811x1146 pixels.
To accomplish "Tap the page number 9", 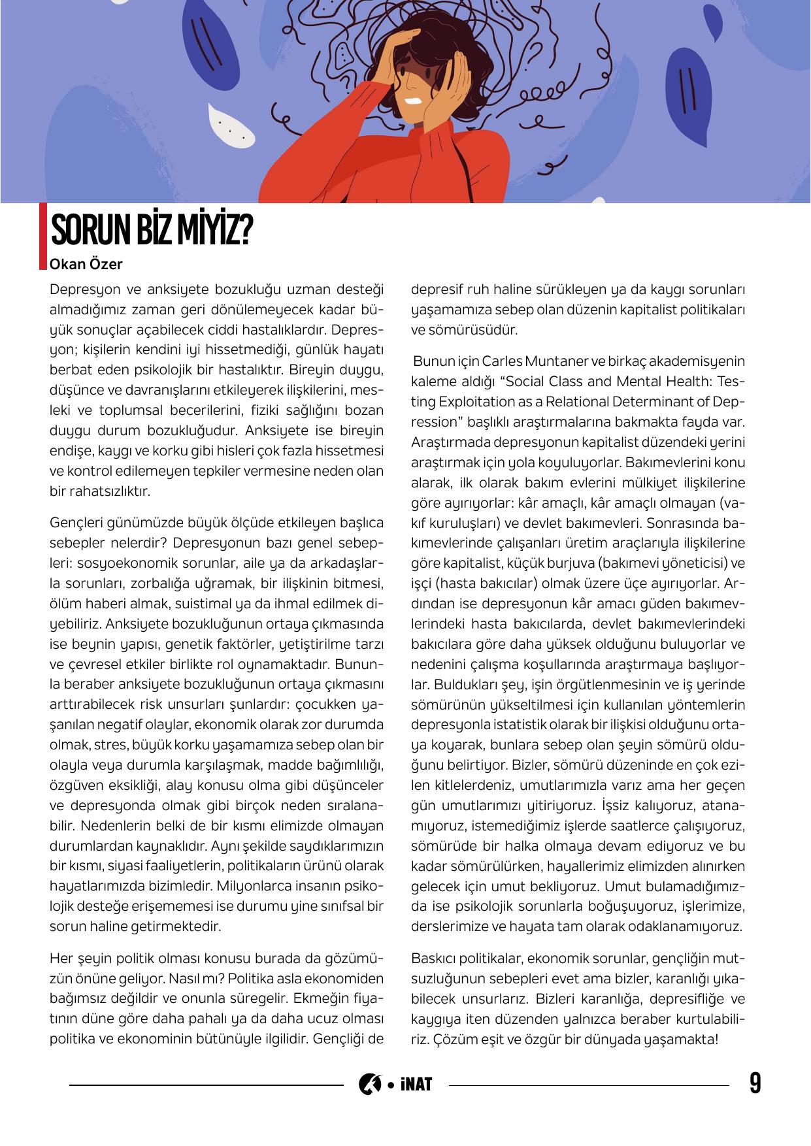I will (x=755, y=1084).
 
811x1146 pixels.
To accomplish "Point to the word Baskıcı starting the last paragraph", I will (x=434, y=959).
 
